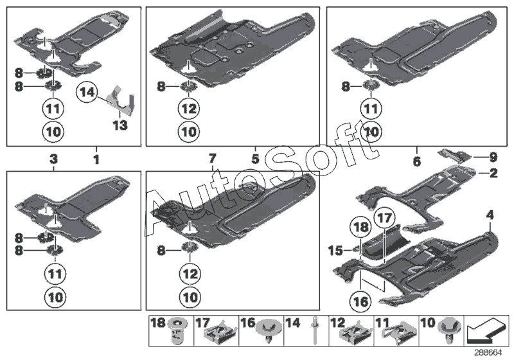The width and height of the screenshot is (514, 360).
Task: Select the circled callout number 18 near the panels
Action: tap(360, 228)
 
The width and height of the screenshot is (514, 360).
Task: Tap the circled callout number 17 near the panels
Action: tap(384, 219)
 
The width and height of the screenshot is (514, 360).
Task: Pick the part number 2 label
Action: tap(493, 173)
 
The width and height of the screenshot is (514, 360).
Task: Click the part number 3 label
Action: tap(54, 158)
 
